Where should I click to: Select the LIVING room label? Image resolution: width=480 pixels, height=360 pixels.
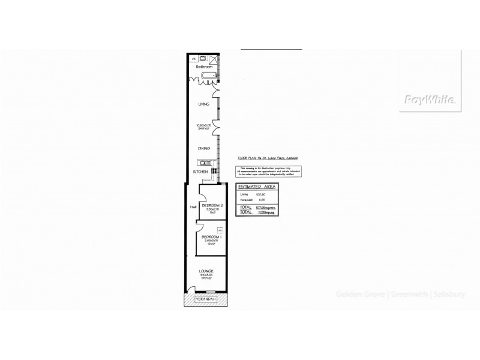pyautogui.click(x=204, y=104)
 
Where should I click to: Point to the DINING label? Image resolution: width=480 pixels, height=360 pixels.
pyautogui.click(x=204, y=148)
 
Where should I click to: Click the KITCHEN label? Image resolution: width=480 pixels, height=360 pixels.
pyautogui.click(x=200, y=172)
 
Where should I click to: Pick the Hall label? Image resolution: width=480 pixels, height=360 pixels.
pyautogui.click(x=192, y=208)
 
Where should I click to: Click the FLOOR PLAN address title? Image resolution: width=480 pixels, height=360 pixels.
pyautogui.click(x=268, y=158)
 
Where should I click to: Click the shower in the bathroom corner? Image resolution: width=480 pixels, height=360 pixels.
pyautogui.click(x=214, y=58)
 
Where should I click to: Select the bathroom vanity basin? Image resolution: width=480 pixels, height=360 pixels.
pyautogui.click(x=203, y=58)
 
